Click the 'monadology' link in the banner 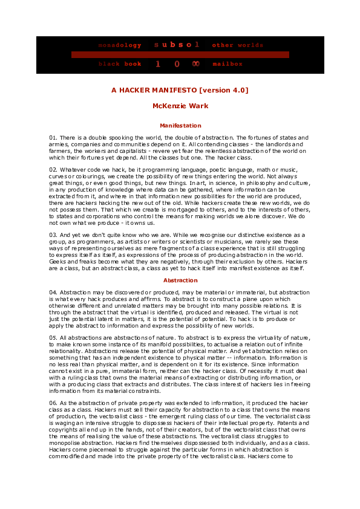[x=120, y=45]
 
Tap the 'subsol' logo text [x=177, y=45]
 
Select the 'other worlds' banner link [x=238, y=45]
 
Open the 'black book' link [x=120, y=64]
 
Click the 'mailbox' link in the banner [x=227, y=64]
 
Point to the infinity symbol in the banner [x=195, y=64]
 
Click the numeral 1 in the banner [x=159, y=64]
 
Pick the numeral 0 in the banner [x=177, y=64]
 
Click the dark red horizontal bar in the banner [x=180, y=54]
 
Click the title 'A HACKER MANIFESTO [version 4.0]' [x=180, y=90]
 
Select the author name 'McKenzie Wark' [x=180, y=106]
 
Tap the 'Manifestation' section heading [x=180, y=126]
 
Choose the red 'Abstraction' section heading [x=180, y=280]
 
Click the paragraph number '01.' [x=53, y=138]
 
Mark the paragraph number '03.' [x=53, y=235]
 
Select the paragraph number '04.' [x=53, y=293]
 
